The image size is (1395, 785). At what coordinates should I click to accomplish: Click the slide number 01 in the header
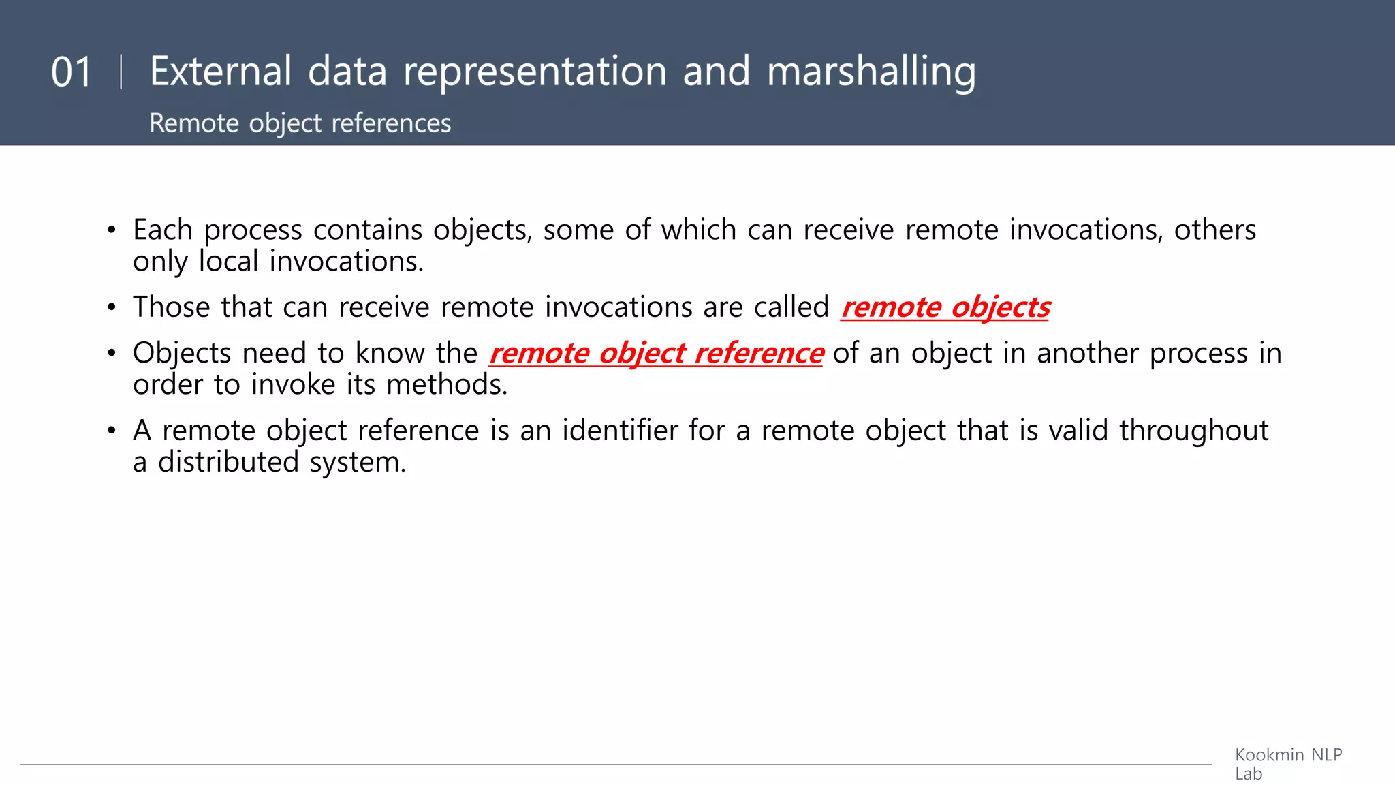(x=72, y=72)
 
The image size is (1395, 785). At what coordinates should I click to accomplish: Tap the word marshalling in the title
(x=871, y=72)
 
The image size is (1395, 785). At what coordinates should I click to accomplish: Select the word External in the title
(x=221, y=71)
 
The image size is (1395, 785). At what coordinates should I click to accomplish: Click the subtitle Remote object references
(x=300, y=123)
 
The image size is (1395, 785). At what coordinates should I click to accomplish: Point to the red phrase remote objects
(x=945, y=307)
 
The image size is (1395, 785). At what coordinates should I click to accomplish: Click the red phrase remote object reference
(x=656, y=353)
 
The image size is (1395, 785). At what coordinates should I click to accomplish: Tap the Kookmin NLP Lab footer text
(x=1287, y=764)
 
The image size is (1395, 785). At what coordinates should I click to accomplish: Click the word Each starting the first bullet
(x=163, y=230)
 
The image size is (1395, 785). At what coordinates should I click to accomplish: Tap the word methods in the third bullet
(x=447, y=385)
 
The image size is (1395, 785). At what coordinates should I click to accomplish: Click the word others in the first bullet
(x=1214, y=230)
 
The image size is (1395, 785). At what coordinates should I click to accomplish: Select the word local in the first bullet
(x=229, y=262)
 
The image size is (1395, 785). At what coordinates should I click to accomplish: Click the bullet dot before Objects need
(x=112, y=354)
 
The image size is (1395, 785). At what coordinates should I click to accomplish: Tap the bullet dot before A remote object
(x=112, y=431)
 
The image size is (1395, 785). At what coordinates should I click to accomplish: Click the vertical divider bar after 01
(x=121, y=72)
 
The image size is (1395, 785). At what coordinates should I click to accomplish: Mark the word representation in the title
(x=535, y=72)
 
